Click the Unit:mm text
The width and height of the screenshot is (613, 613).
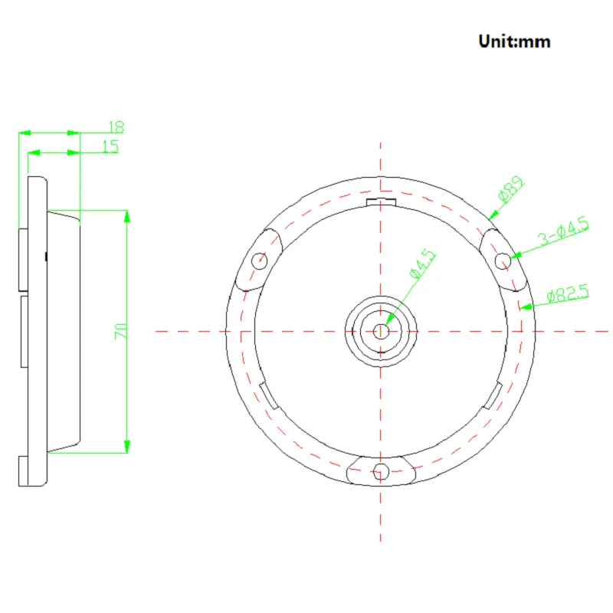tap(514, 41)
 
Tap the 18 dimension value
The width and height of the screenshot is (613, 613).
tap(116, 127)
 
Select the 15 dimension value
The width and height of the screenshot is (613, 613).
tap(110, 146)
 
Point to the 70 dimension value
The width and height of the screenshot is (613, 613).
tap(121, 331)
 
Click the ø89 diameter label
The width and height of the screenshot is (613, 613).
tap(511, 189)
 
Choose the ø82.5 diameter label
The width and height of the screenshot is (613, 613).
tap(568, 293)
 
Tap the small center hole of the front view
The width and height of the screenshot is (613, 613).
tap(380, 332)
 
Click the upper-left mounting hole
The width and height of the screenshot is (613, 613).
tap(259, 261)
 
